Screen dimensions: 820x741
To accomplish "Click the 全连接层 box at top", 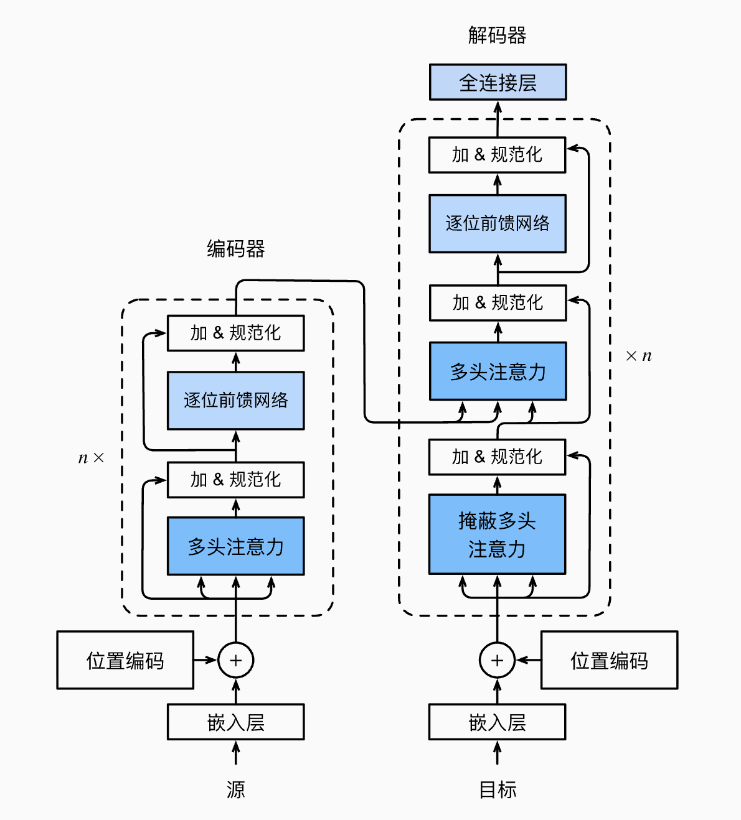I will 498,82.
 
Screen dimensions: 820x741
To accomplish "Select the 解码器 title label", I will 497,35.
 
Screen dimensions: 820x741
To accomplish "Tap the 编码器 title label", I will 235,249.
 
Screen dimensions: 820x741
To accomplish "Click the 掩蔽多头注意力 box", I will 497,534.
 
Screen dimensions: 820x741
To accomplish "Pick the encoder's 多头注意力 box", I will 235,546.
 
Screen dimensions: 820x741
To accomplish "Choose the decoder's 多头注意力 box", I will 498,371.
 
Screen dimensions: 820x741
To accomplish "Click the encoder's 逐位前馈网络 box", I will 235,400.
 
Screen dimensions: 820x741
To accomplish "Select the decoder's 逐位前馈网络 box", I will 497,223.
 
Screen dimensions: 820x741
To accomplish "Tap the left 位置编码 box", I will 125,660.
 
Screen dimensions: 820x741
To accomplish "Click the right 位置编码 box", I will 609,660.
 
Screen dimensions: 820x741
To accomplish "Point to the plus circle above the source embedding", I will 235,660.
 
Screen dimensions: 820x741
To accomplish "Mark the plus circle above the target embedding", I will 497,660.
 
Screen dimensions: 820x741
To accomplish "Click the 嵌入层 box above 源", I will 235,722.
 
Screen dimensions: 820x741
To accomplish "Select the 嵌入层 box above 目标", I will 497,722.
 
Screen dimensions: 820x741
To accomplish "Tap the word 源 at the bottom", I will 235,790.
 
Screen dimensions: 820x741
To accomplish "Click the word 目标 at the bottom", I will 497,790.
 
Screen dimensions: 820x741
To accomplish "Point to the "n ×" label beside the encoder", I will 91,459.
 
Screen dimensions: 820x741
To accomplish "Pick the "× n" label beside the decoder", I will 638,356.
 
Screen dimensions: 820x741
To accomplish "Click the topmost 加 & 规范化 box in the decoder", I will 497,155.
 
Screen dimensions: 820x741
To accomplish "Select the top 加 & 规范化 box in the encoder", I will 235,333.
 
